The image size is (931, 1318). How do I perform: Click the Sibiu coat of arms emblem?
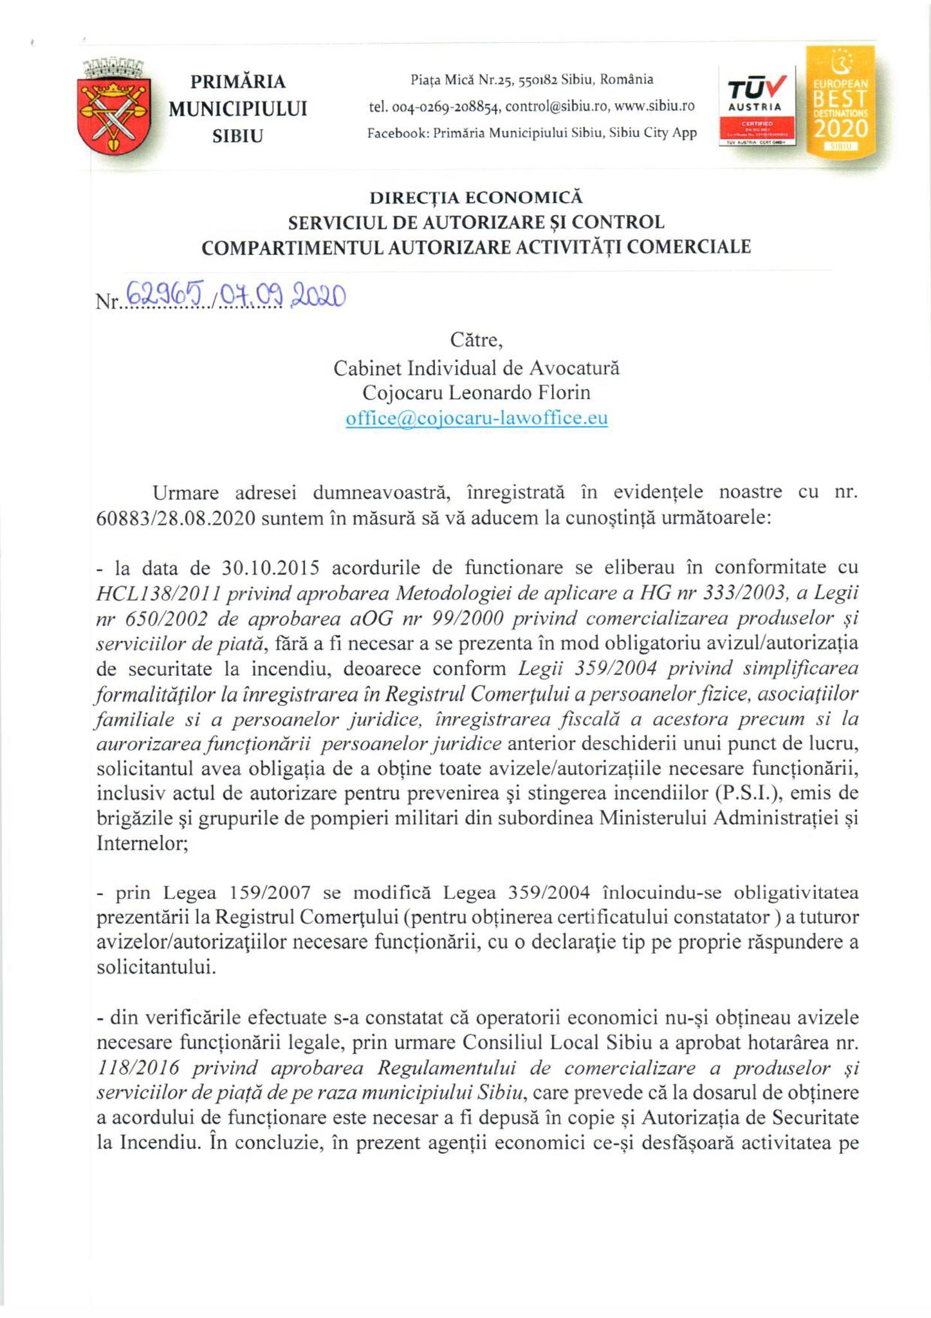coord(115,106)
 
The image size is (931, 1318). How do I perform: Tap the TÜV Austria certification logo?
coord(756,106)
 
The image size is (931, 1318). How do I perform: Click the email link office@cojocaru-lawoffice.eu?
coord(476,419)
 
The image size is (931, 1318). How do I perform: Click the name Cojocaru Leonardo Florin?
coord(476,393)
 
